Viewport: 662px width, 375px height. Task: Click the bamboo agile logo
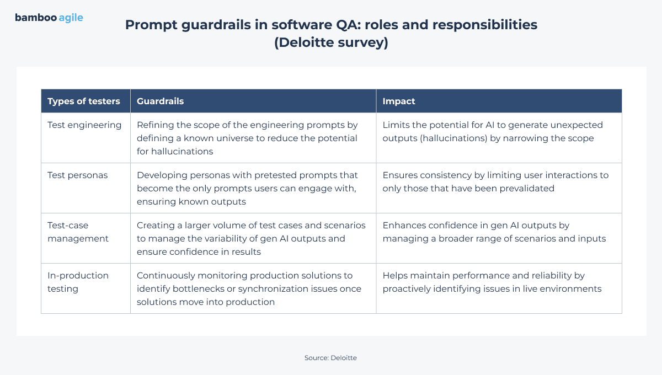coord(49,18)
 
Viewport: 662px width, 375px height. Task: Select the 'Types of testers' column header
coord(84,101)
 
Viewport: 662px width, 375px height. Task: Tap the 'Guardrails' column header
coord(160,101)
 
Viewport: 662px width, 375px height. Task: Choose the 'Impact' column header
coord(399,101)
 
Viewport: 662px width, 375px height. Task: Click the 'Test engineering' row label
coord(84,125)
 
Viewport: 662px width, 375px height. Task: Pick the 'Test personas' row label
coord(77,175)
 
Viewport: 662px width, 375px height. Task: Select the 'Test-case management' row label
coord(78,232)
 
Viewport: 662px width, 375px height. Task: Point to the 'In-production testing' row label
coord(78,282)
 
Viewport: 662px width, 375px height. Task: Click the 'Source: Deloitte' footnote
coord(330,358)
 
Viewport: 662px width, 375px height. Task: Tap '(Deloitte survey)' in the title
coord(331,43)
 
